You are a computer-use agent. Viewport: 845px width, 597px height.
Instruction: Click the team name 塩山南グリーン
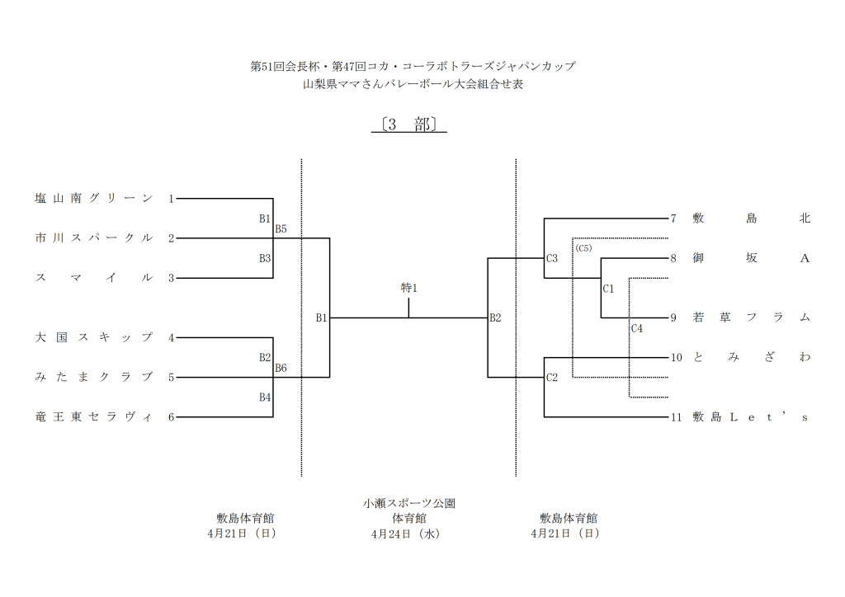pyautogui.click(x=93, y=199)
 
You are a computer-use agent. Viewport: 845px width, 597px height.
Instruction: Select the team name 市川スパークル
pyautogui.click(x=93, y=238)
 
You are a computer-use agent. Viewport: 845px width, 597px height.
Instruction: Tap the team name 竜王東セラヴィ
pyautogui.click(x=93, y=417)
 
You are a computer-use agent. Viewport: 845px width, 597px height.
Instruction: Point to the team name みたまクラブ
pyautogui.click(x=93, y=378)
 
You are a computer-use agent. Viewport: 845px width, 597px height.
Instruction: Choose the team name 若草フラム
pyautogui.click(x=752, y=318)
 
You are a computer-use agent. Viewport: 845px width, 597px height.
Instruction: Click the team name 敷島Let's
pyautogui.click(x=752, y=417)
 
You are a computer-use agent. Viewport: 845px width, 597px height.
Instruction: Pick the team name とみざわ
pyautogui.click(x=752, y=358)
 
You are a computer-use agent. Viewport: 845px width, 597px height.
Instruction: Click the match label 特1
pyautogui.click(x=409, y=288)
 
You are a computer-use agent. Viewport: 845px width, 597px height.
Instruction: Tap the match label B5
pyautogui.click(x=281, y=228)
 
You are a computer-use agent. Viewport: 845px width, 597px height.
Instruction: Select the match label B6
pyautogui.click(x=281, y=368)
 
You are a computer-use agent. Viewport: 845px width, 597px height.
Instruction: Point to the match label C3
pyautogui.click(x=552, y=259)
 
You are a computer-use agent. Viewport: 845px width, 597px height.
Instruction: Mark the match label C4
pyautogui.click(x=636, y=328)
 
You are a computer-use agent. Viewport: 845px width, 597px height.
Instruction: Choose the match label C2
pyautogui.click(x=552, y=378)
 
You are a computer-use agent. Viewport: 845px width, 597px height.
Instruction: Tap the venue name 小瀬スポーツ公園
pyautogui.click(x=409, y=503)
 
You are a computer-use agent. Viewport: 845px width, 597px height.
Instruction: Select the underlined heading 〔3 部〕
pyautogui.click(x=409, y=125)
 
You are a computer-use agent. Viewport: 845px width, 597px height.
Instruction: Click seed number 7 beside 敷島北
pyautogui.click(x=673, y=219)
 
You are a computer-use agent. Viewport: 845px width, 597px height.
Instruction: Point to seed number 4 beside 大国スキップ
pyautogui.click(x=171, y=338)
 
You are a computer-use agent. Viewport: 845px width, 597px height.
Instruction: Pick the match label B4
pyautogui.click(x=265, y=397)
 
